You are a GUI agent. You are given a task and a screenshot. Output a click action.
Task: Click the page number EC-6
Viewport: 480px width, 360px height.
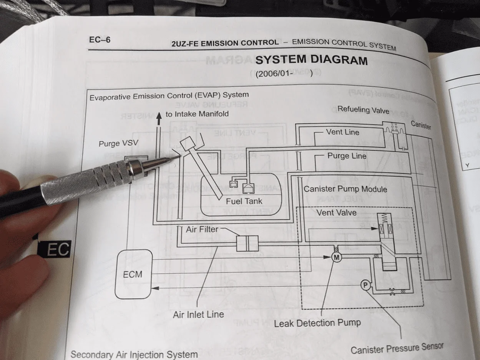pos(100,40)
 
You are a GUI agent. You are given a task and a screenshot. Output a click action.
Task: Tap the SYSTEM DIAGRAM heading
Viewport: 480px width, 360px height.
pos(311,60)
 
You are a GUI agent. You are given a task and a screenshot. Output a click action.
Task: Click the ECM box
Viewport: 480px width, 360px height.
pos(133,274)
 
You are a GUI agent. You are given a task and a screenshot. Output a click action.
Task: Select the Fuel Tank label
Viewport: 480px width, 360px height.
pos(244,201)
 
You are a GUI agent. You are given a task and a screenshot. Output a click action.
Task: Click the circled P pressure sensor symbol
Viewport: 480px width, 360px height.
pos(365,285)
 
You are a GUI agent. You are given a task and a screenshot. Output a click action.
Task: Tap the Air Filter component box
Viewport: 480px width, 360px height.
pos(246,244)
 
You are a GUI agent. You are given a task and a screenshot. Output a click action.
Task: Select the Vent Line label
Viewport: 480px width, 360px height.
pos(342,132)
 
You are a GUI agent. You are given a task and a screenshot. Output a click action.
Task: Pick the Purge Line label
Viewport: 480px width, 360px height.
pos(347,156)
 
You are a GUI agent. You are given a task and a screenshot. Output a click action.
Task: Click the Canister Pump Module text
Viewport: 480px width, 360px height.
pos(345,189)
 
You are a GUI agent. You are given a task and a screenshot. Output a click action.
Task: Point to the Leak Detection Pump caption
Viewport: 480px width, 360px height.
pos(317,323)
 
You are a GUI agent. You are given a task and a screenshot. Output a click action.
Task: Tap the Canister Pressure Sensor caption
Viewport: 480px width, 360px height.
pos(397,348)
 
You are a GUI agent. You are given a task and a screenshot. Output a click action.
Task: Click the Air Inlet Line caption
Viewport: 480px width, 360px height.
pos(198,314)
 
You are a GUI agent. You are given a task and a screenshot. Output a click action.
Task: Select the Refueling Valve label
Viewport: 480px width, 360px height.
pos(363,110)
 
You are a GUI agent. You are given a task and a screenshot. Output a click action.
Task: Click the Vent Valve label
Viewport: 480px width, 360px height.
pos(336,212)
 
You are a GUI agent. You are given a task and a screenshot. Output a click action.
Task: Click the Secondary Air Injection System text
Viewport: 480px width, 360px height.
pos(134,354)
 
